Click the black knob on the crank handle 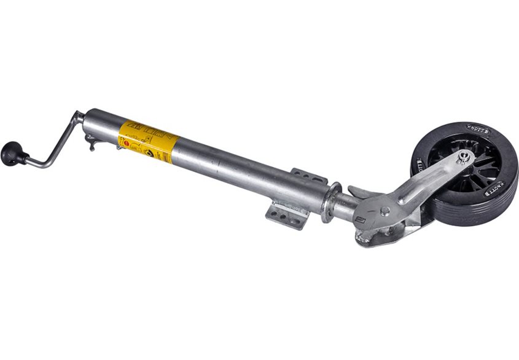pyautogui.click(x=10, y=153)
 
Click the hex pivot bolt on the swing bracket pyautogui.click(x=384, y=211)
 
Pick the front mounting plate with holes pyautogui.click(x=286, y=215)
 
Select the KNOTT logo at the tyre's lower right pyautogui.click(x=494, y=188)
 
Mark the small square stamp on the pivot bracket pyautogui.click(x=362, y=219)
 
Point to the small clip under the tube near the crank pyautogui.click(x=92, y=145)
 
